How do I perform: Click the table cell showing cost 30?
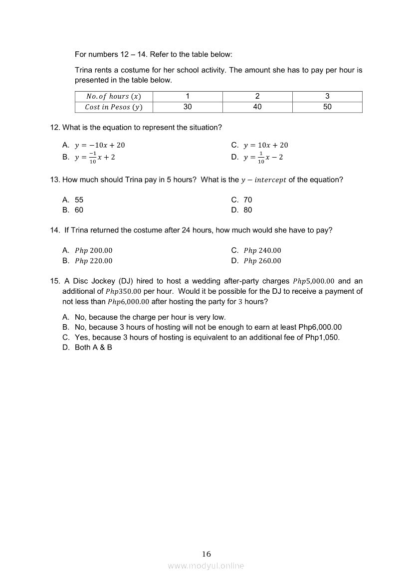(x=188, y=107)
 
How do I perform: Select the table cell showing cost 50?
(x=327, y=107)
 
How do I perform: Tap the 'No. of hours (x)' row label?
(x=114, y=96)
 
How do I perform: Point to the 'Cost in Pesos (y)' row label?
(x=114, y=107)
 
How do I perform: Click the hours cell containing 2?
(x=257, y=96)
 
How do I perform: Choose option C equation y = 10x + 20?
(x=265, y=145)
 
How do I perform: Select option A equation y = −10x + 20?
(x=100, y=145)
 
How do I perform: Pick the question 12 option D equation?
(x=263, y=158)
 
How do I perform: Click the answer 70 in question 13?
(x=248, y=199)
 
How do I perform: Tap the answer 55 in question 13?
(x=79, y=199)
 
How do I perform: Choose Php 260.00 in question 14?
(x=262, y=261)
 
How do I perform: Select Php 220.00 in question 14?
(x=94, y=261)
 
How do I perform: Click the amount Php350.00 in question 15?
(x=124, y=291)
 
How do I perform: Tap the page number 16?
(x=206, y=554)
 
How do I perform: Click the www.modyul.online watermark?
(x=206, y=566)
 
